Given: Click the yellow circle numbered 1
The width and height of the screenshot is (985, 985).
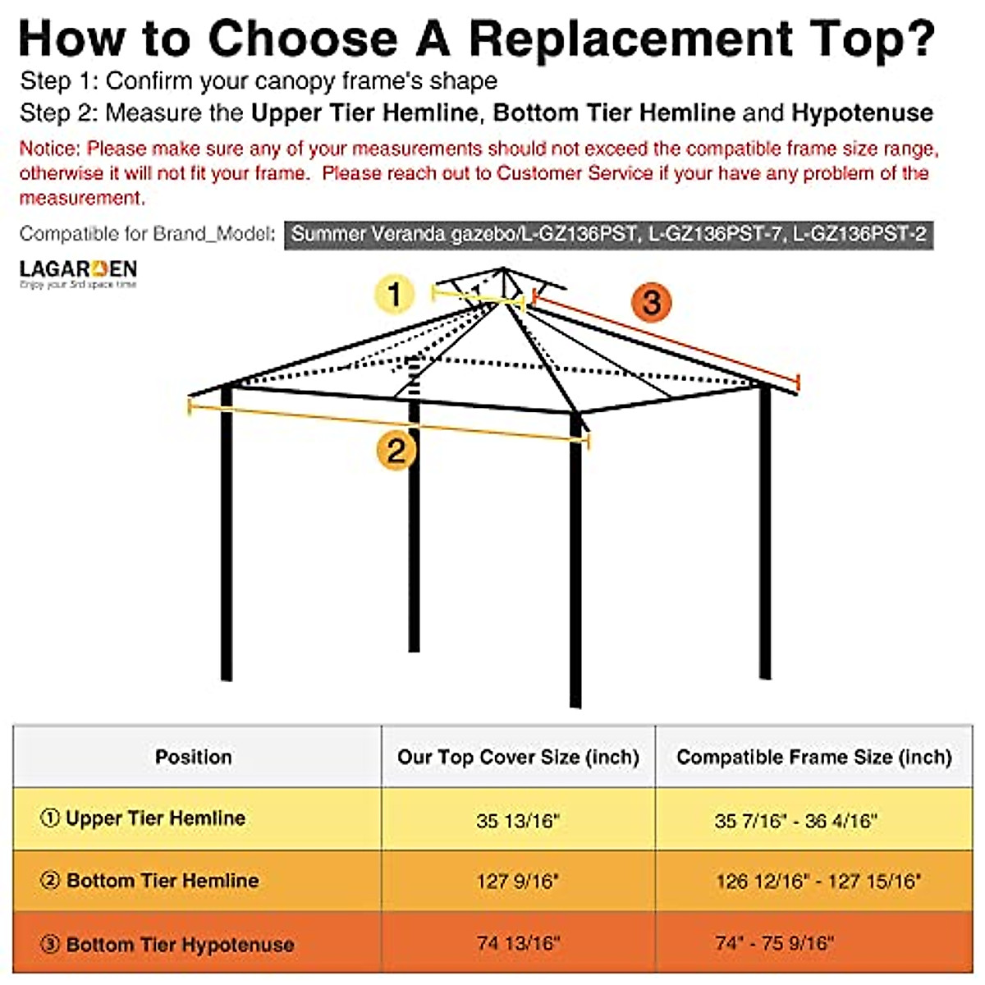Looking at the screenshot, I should (394, 294).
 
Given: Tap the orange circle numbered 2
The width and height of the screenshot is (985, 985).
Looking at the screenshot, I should (396, 450).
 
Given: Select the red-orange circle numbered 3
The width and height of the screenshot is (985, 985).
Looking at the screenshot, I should (652, 302).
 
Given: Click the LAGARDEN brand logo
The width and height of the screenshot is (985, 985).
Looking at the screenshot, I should (78, 273).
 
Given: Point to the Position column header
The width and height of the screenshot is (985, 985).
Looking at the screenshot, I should (194, 757).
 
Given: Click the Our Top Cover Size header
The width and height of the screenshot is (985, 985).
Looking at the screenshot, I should (518, 757).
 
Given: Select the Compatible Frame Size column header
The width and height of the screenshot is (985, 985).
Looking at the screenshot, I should (813, 757).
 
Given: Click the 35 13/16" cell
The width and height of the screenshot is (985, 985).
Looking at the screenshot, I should (517, 821).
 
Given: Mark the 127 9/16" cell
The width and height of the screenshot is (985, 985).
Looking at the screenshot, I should (517, 882).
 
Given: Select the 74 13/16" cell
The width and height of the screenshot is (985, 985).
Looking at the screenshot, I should (517, 943).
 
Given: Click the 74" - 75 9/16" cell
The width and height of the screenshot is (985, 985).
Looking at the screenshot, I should (774, 943).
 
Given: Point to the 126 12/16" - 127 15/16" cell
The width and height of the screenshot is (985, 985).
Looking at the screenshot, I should (818, 882).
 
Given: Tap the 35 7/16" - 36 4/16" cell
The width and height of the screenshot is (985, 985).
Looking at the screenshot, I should (795, 821).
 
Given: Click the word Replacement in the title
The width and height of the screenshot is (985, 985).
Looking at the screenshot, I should (630, 38).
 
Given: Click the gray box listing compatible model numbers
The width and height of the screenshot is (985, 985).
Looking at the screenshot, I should (608, 234).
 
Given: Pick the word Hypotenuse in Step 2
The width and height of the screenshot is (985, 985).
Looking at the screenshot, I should (862, 112).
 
